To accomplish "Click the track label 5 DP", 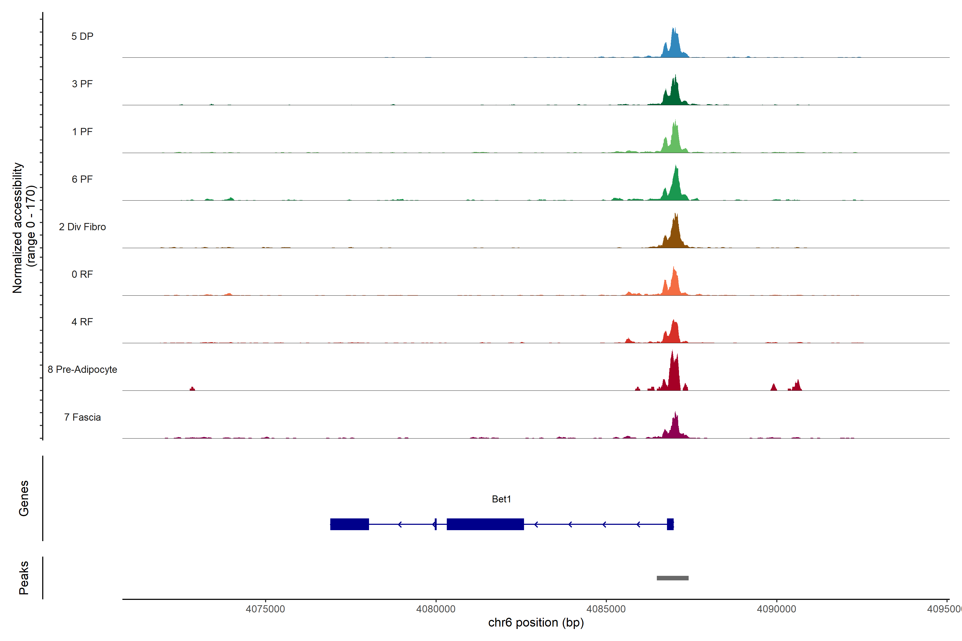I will point(82,36).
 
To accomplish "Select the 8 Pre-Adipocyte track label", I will point(82,370).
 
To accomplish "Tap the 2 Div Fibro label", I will point(82,227).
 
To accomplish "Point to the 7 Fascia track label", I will point(82,417).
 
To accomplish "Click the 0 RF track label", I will point(82,274).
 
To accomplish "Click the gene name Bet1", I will point(502,499).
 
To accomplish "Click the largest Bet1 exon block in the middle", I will point(485,524).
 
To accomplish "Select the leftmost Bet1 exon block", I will point(349,524).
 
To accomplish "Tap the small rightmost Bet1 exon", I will point(670,524).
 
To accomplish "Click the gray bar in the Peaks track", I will point(672,578).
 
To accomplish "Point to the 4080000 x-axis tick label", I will point(436,609).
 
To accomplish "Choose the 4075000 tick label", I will point(265,609).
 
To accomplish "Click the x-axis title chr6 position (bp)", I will point(536,623).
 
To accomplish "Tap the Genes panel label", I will point(24,498).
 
